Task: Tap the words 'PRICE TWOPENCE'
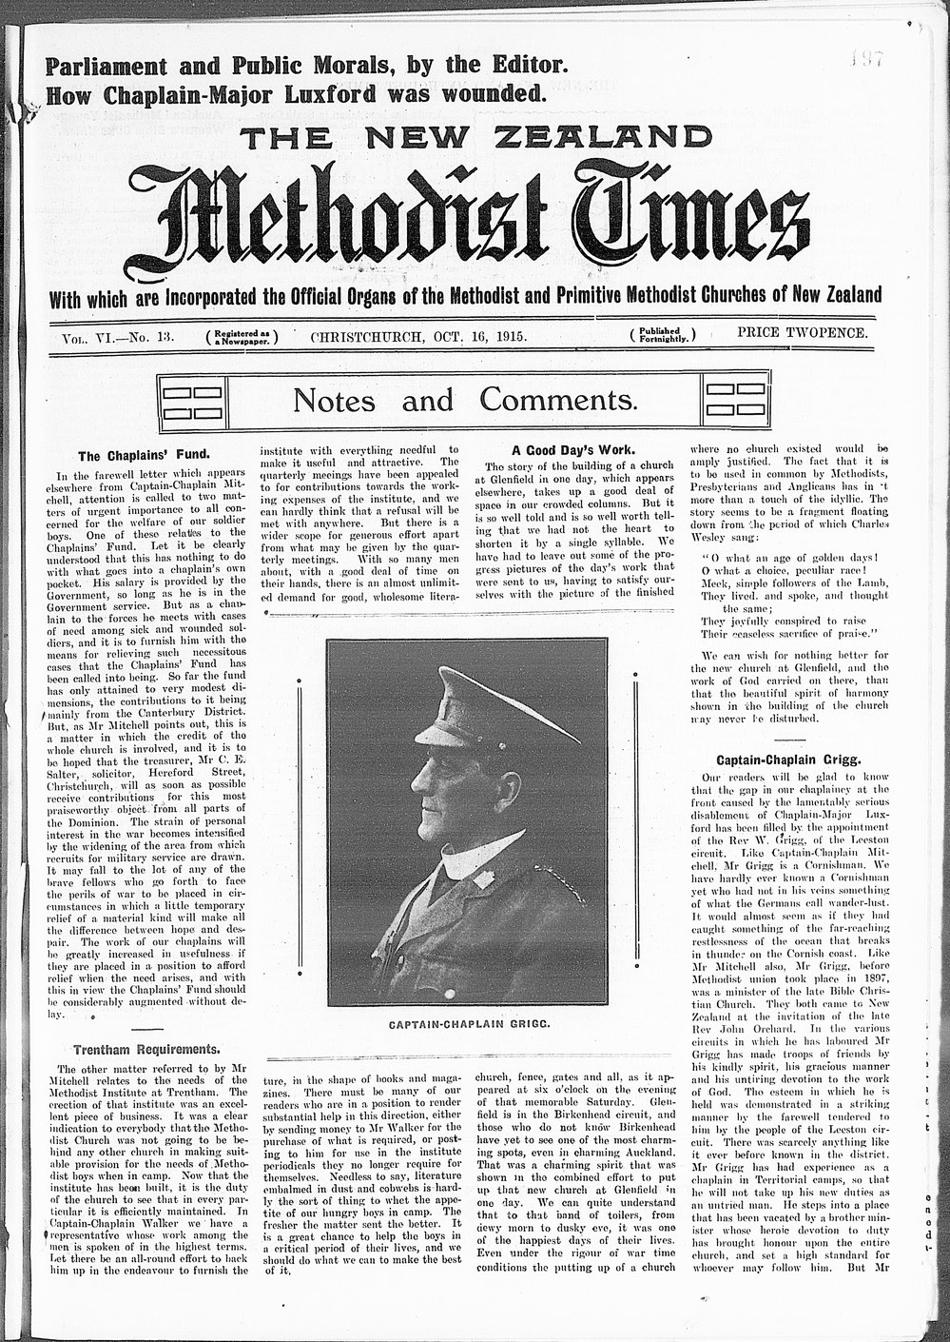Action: [x=802, y=334]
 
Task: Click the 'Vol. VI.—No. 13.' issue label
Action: [x=115, y=336]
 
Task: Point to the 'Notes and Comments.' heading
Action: [x=464, y=399]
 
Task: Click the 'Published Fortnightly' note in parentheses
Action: [x=662, y=335]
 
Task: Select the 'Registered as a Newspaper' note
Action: [x=242, y=336]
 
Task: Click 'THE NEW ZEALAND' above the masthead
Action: [x=475, y=138]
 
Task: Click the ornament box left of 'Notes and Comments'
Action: [x=192, y=400]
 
